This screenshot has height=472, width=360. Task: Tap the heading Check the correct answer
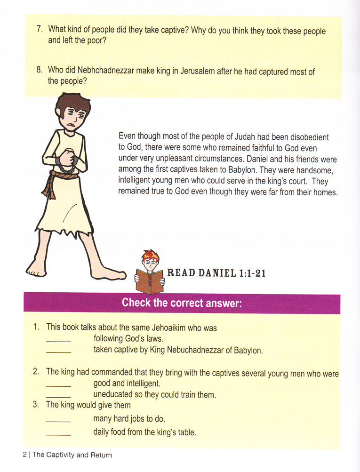pyautogui.click(x=182, y=303)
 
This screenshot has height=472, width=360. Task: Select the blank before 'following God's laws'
pyautogui.click(x=58, y=339)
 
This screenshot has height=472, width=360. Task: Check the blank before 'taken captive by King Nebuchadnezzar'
pyautogui.click(x=58, y=351)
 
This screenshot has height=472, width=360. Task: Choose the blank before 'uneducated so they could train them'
pyautogui.click(x=58, y=396)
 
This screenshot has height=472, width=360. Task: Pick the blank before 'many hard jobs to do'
pyautogui.click(x=58, y=420)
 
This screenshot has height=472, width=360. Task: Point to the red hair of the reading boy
pyautogui.click(x=151, y=256)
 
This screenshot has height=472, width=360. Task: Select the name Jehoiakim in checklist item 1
pyautogui.click(x=168, y=328)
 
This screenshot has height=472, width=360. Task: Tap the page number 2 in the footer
pyautogui.click(x=24, y=455)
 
